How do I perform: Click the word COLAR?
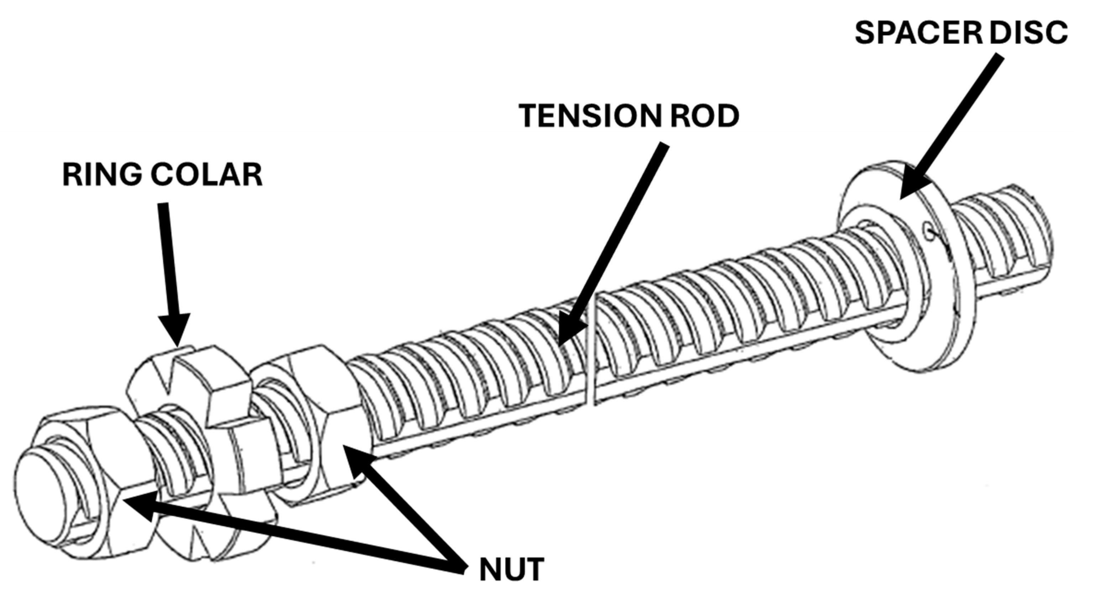tap(206, 175)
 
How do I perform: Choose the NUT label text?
tap(511, 570)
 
